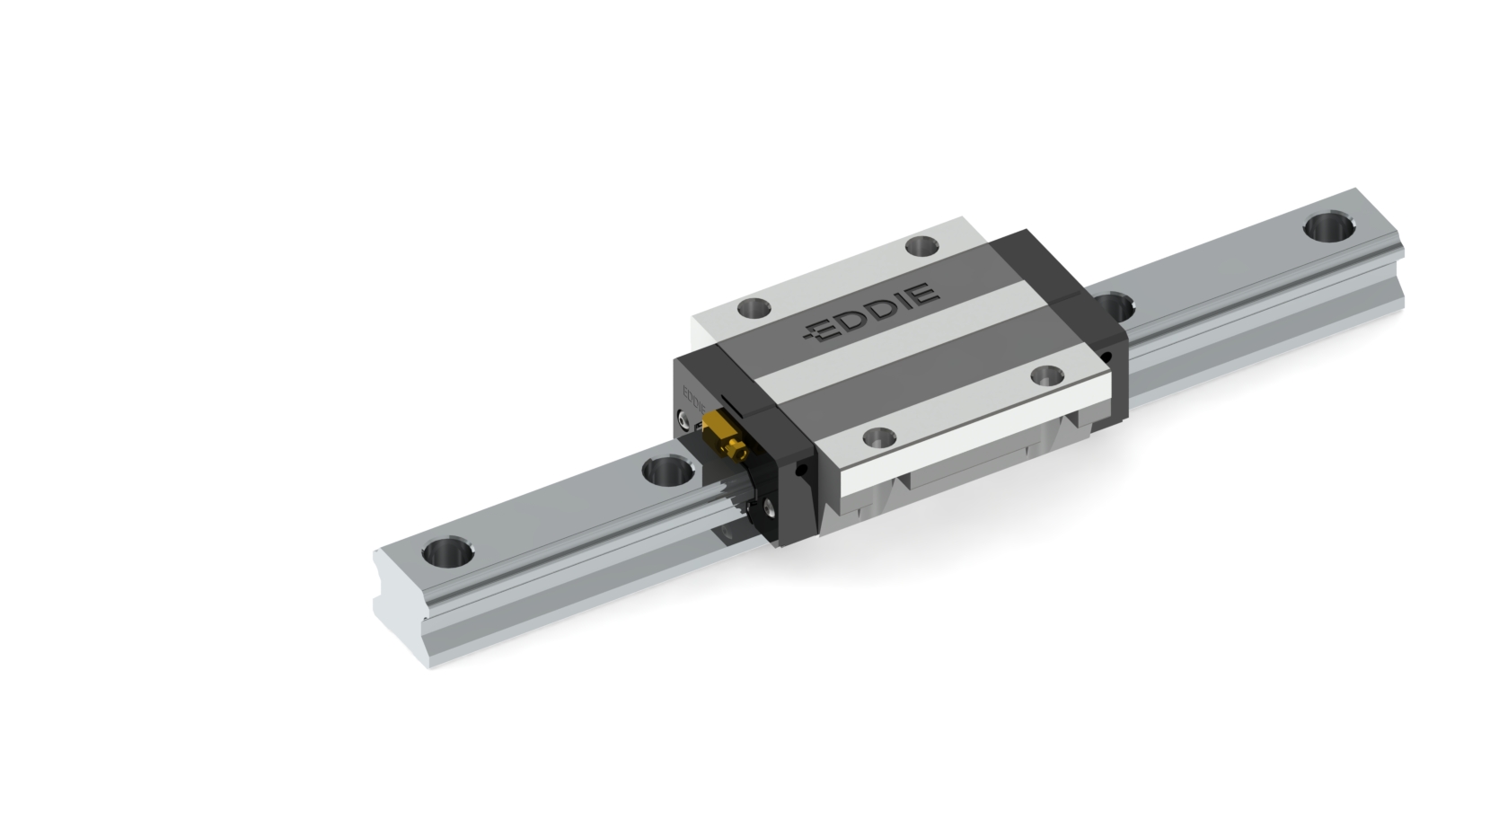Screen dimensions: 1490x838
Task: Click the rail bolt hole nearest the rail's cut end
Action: (447, 552)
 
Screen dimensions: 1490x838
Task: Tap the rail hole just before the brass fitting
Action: (668, 471)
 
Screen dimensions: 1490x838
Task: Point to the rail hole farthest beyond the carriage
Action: (1329, 227)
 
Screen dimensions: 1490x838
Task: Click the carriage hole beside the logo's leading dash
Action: (754, 308)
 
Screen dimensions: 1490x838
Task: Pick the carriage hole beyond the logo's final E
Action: (922, 246)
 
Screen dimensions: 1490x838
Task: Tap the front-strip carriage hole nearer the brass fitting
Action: (879, 437)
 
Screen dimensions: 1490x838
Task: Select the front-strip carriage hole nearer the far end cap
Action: (1047, 375)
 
